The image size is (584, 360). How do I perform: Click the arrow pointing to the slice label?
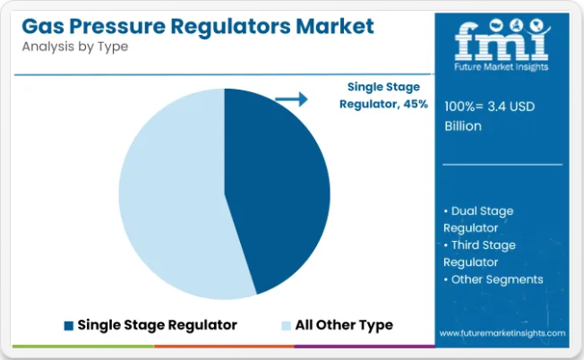(x=291, y=99)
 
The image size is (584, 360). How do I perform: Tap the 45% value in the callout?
(x=416, y=104)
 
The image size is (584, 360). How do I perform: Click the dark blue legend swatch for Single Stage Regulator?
(x=69, y=326)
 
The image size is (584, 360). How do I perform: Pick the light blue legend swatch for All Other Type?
(x=286, y=326)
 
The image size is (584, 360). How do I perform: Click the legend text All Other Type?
(x=344, y=325)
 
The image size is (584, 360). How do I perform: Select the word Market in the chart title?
(x=335, y=26)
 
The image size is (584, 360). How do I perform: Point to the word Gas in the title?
(x=43, y=26)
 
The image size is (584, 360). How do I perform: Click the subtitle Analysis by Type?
(x=75, y=47)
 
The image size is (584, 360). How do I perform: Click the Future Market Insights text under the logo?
(x=502, y=67)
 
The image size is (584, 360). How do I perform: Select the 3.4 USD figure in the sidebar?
(x=511, y=107)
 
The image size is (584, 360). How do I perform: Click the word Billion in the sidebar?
(x=463, y=126)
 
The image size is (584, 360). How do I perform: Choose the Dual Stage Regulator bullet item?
(x=478, y=219)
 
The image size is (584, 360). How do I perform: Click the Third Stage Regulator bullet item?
(x=479, y=253)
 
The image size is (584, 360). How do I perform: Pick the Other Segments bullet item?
(x=494, y=279)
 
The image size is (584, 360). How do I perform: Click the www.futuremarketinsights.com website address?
(x=502, y=333)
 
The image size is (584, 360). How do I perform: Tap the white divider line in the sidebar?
(x=502, y=164)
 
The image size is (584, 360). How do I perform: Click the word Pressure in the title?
(x=117, y=26)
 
